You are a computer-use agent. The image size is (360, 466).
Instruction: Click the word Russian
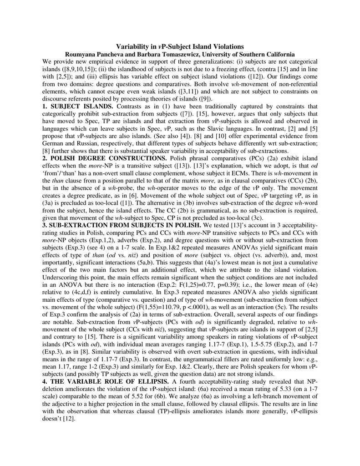tap(84, 143)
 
